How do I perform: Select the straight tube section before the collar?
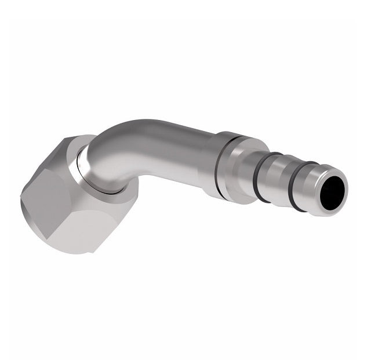click(x=180, y=157)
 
